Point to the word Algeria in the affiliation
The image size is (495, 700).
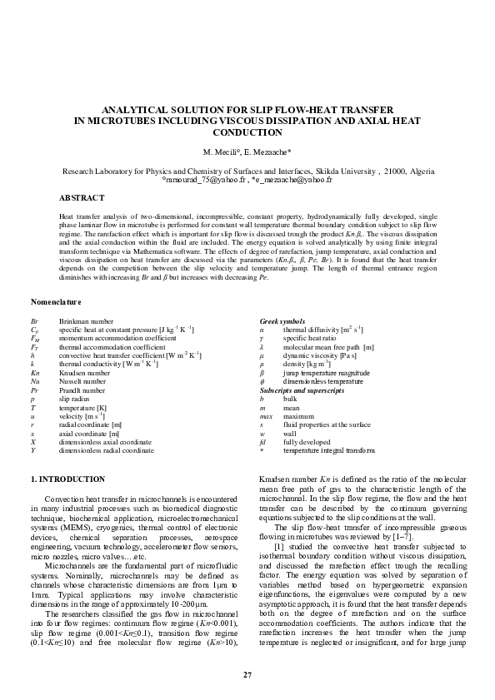[x=418, y=170]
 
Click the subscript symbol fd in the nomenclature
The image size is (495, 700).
[x=262, y=442]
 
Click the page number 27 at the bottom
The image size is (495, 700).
[x=247, y=674]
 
